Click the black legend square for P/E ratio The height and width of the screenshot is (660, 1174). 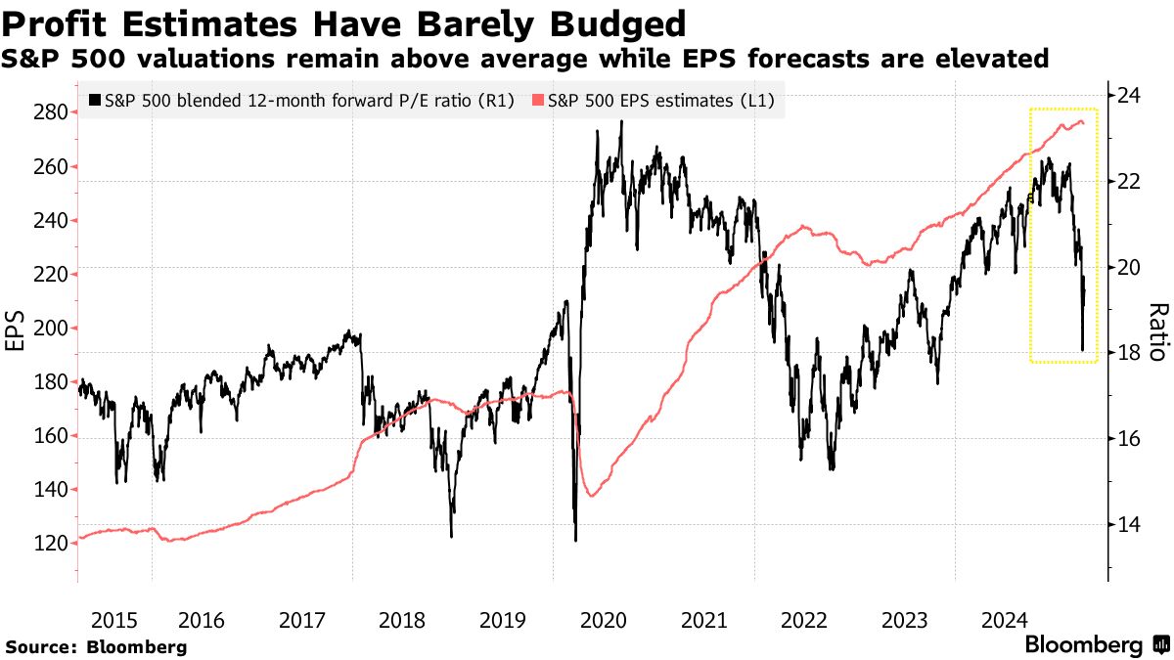pyautogui.click(x=94, y=100)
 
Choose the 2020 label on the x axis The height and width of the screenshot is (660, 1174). pyautogui.click(x=604, y=620)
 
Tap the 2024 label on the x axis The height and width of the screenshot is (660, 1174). pyautogui.click(x=1004, y=620)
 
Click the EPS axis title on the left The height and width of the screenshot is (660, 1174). pyautogui.click(x=17, y=330)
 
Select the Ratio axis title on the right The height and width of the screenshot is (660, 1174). pyautogui.click(x=1157, y=331)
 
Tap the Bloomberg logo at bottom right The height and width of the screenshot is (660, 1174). pyautogui.click(x=1096, y=645)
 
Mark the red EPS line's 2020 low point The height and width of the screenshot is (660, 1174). pyautogui.click(x=590, y=496)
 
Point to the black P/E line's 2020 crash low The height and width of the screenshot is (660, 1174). pyautogui.click(x=575, y=540)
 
